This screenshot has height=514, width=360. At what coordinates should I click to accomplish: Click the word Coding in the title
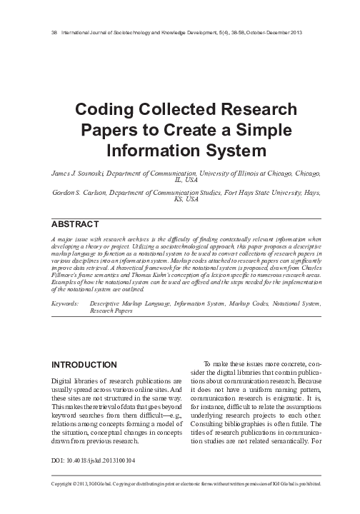(x=106, y=111)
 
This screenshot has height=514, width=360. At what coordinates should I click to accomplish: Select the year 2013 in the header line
(x=315, y=34)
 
